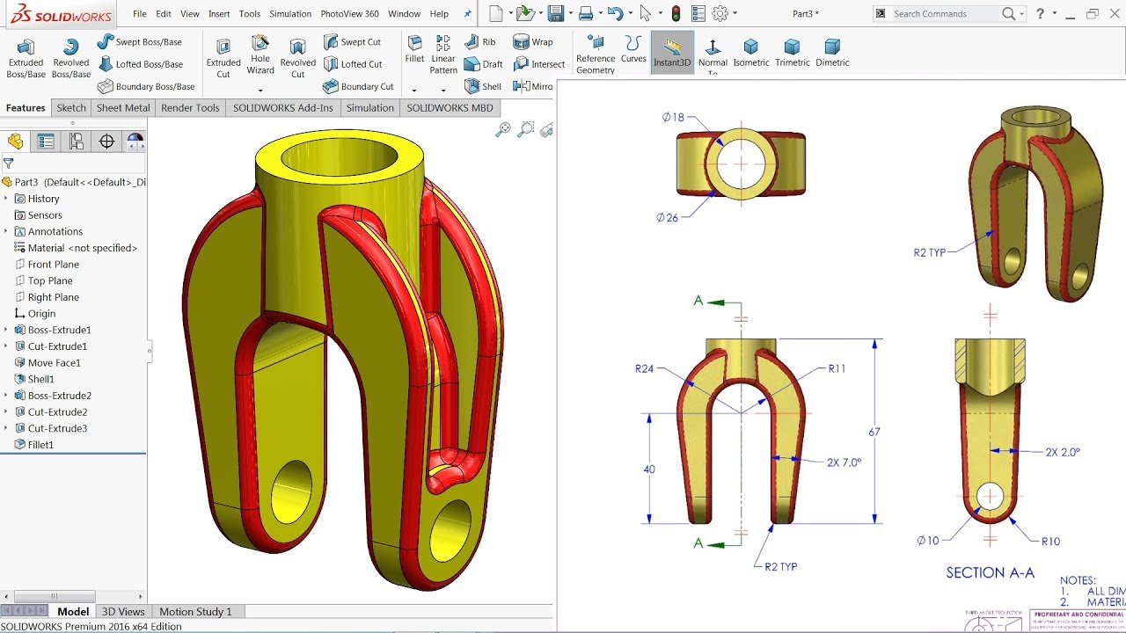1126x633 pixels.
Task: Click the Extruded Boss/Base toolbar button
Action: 26,58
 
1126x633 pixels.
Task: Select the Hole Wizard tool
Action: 260,55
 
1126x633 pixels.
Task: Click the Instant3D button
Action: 672,53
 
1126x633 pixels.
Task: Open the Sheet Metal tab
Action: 123,108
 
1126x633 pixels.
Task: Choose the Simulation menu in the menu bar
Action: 290,14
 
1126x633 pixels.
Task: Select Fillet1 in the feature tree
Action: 40,445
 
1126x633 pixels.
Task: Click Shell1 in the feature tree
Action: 40,379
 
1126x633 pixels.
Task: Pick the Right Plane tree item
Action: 53,297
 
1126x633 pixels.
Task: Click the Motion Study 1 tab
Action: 195,612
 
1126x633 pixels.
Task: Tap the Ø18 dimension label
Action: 673,117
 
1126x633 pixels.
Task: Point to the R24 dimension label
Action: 645,369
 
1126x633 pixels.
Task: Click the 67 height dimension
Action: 874,432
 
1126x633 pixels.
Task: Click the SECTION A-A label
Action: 990,572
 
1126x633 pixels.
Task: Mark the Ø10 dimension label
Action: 928,541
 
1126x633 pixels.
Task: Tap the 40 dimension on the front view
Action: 649,469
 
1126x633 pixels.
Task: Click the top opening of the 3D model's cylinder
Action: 339,158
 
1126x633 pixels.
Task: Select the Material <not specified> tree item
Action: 82,248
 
